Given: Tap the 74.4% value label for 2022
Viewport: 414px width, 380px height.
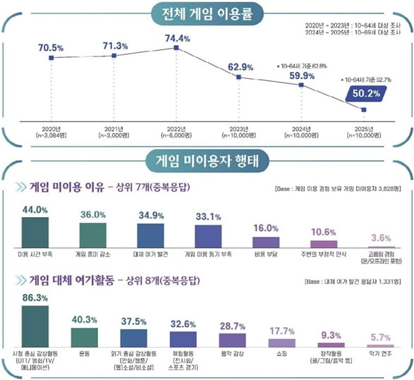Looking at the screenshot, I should click(176, 37).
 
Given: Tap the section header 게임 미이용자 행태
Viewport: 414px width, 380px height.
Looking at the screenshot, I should click(207, 160).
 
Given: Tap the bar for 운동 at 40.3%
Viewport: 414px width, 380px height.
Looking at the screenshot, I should click(85, 336).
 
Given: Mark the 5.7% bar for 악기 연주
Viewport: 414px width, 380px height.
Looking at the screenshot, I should click(381, 346).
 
